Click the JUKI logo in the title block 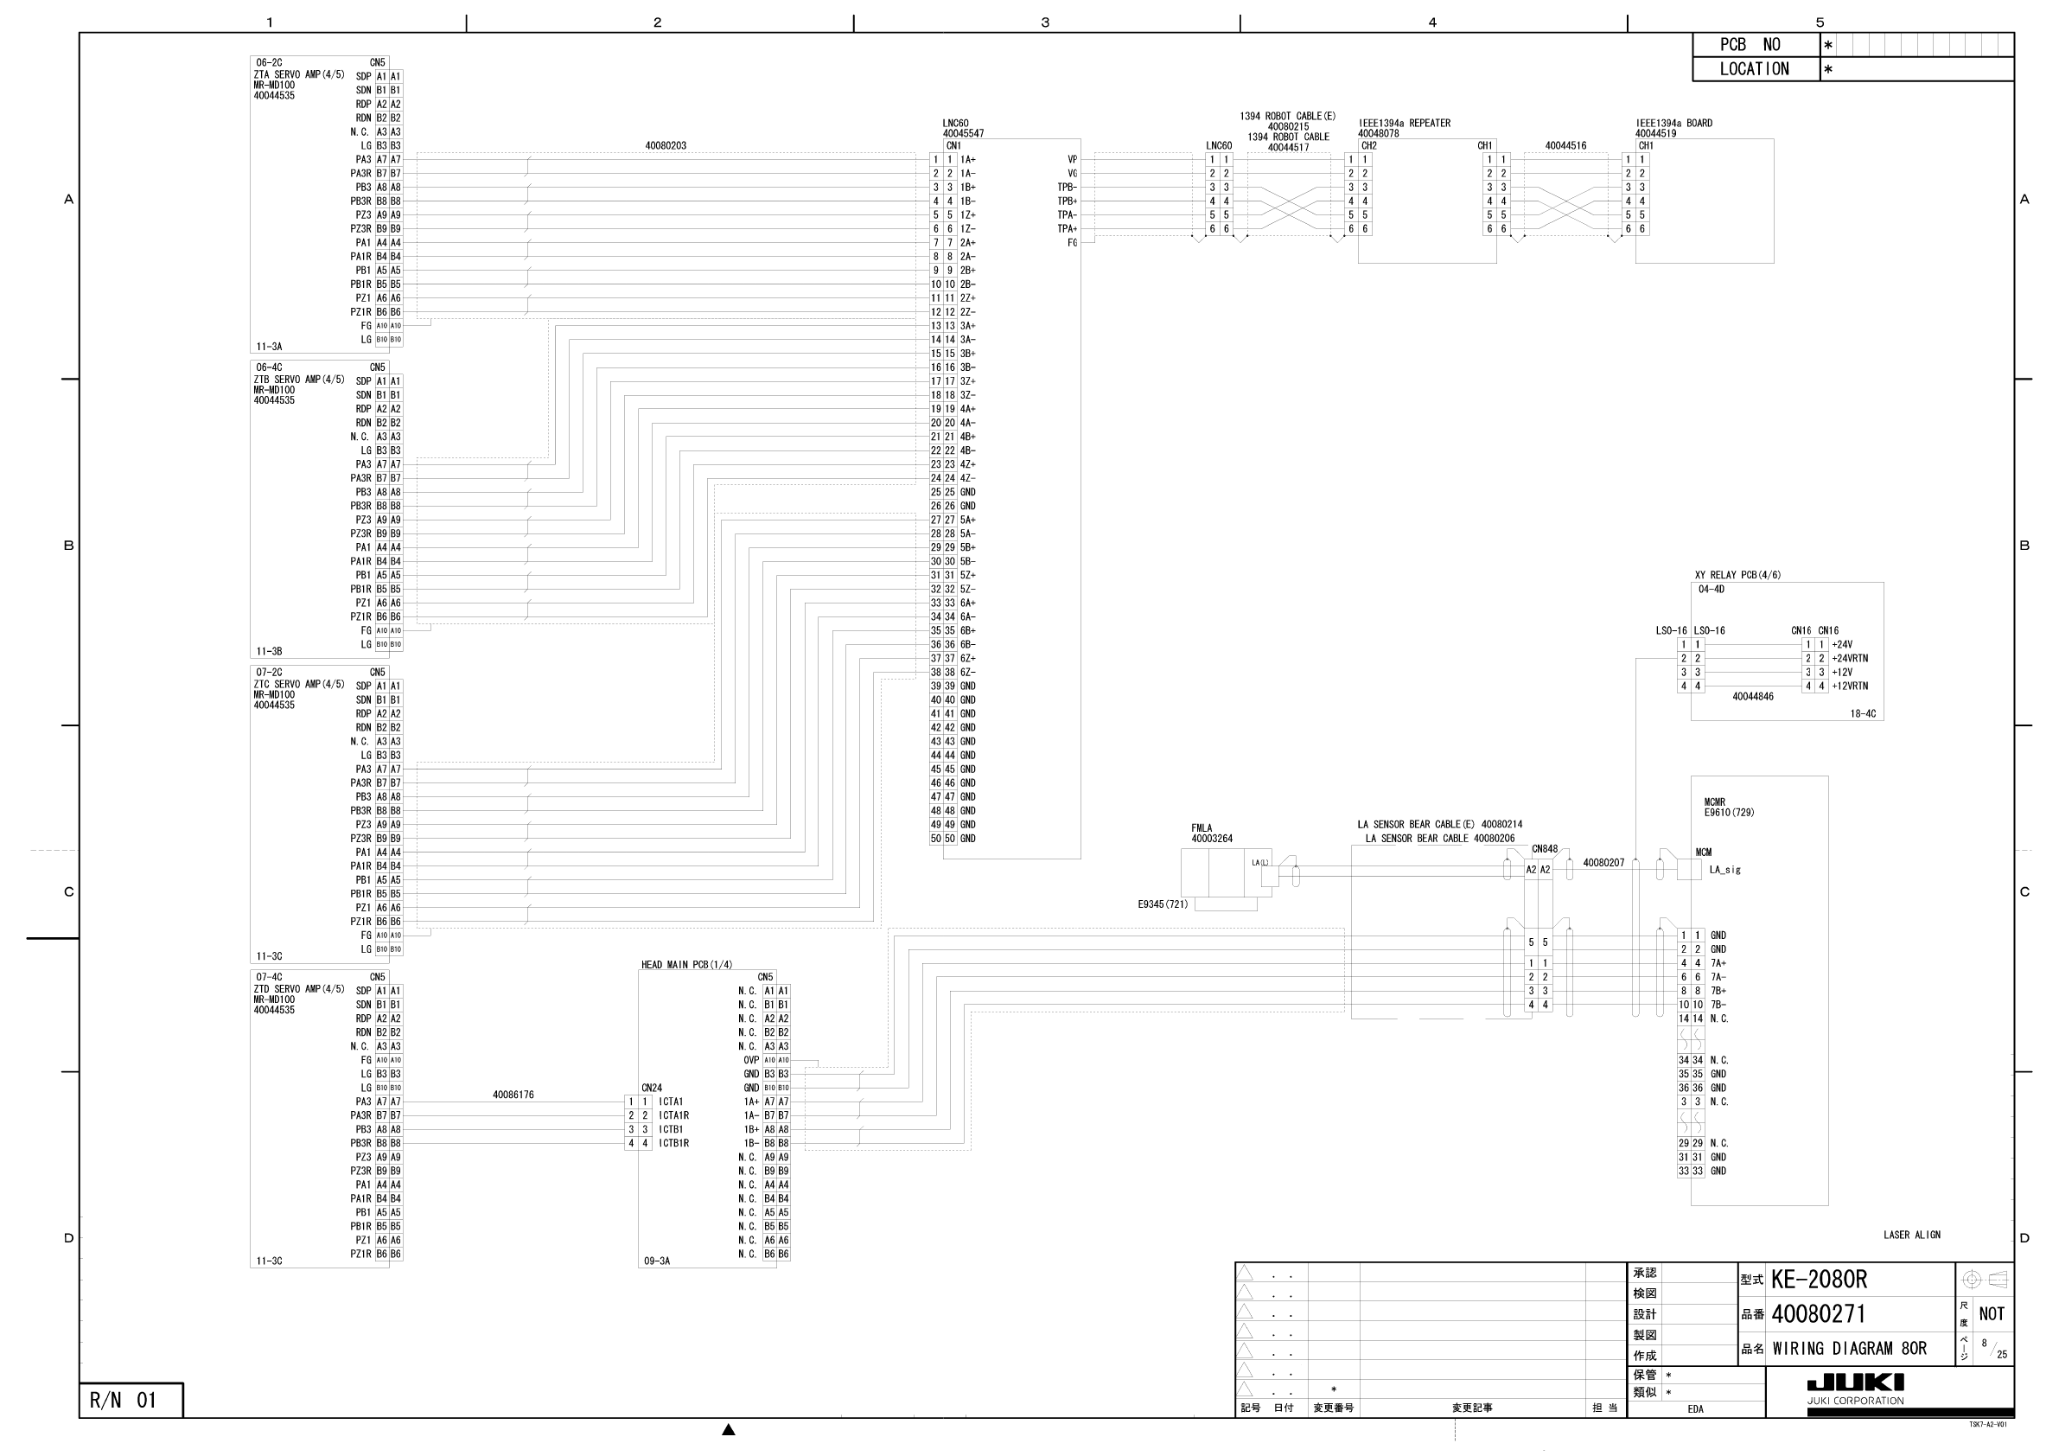coord(1854,1383)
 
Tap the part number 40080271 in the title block coord(1818,1314)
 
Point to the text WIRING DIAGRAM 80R coord(1849,1348)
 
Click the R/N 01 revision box coord(124,1401)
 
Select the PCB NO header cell coord(1750,45)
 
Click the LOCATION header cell coord(1754,69)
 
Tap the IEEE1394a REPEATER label coord(1405,123)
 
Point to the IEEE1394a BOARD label coord(1673,123)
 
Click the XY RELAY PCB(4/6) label coord(1737,575)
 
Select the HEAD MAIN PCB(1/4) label coord(686,964)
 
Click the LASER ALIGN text coord(1912,1235)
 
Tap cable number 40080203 coord(666,145)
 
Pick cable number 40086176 coord(513,1095)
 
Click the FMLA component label coord(1202,828)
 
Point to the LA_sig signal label coord(1724,869)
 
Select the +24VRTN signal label coord(1850,659)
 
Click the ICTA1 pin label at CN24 coord(671,1102)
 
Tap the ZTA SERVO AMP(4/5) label coord(298,74)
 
